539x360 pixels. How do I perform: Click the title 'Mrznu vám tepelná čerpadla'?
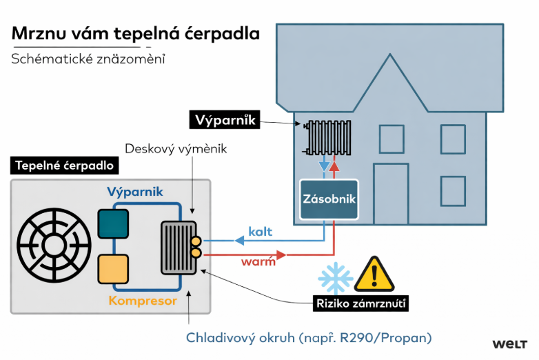click(136, 34)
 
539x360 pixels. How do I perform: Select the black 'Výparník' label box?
click(223, 121)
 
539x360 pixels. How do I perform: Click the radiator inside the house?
click(330, 137)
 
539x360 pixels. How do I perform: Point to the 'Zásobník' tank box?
click(329, 199)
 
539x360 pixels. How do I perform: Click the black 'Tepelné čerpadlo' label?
click(63, 166)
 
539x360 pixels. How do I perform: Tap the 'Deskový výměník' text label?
click(176, 148)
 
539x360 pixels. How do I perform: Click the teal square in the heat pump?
click(113, 223)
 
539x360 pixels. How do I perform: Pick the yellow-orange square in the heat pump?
click(113, 268)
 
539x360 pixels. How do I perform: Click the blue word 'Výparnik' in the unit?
click(135, 192)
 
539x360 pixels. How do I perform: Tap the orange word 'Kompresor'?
click(143, 301)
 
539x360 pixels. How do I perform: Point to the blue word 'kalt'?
click(260, 231)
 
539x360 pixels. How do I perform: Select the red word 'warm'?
click(258, 262)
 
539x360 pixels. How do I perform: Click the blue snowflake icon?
click(335, 279)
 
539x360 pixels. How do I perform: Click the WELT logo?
click(510, 343)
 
